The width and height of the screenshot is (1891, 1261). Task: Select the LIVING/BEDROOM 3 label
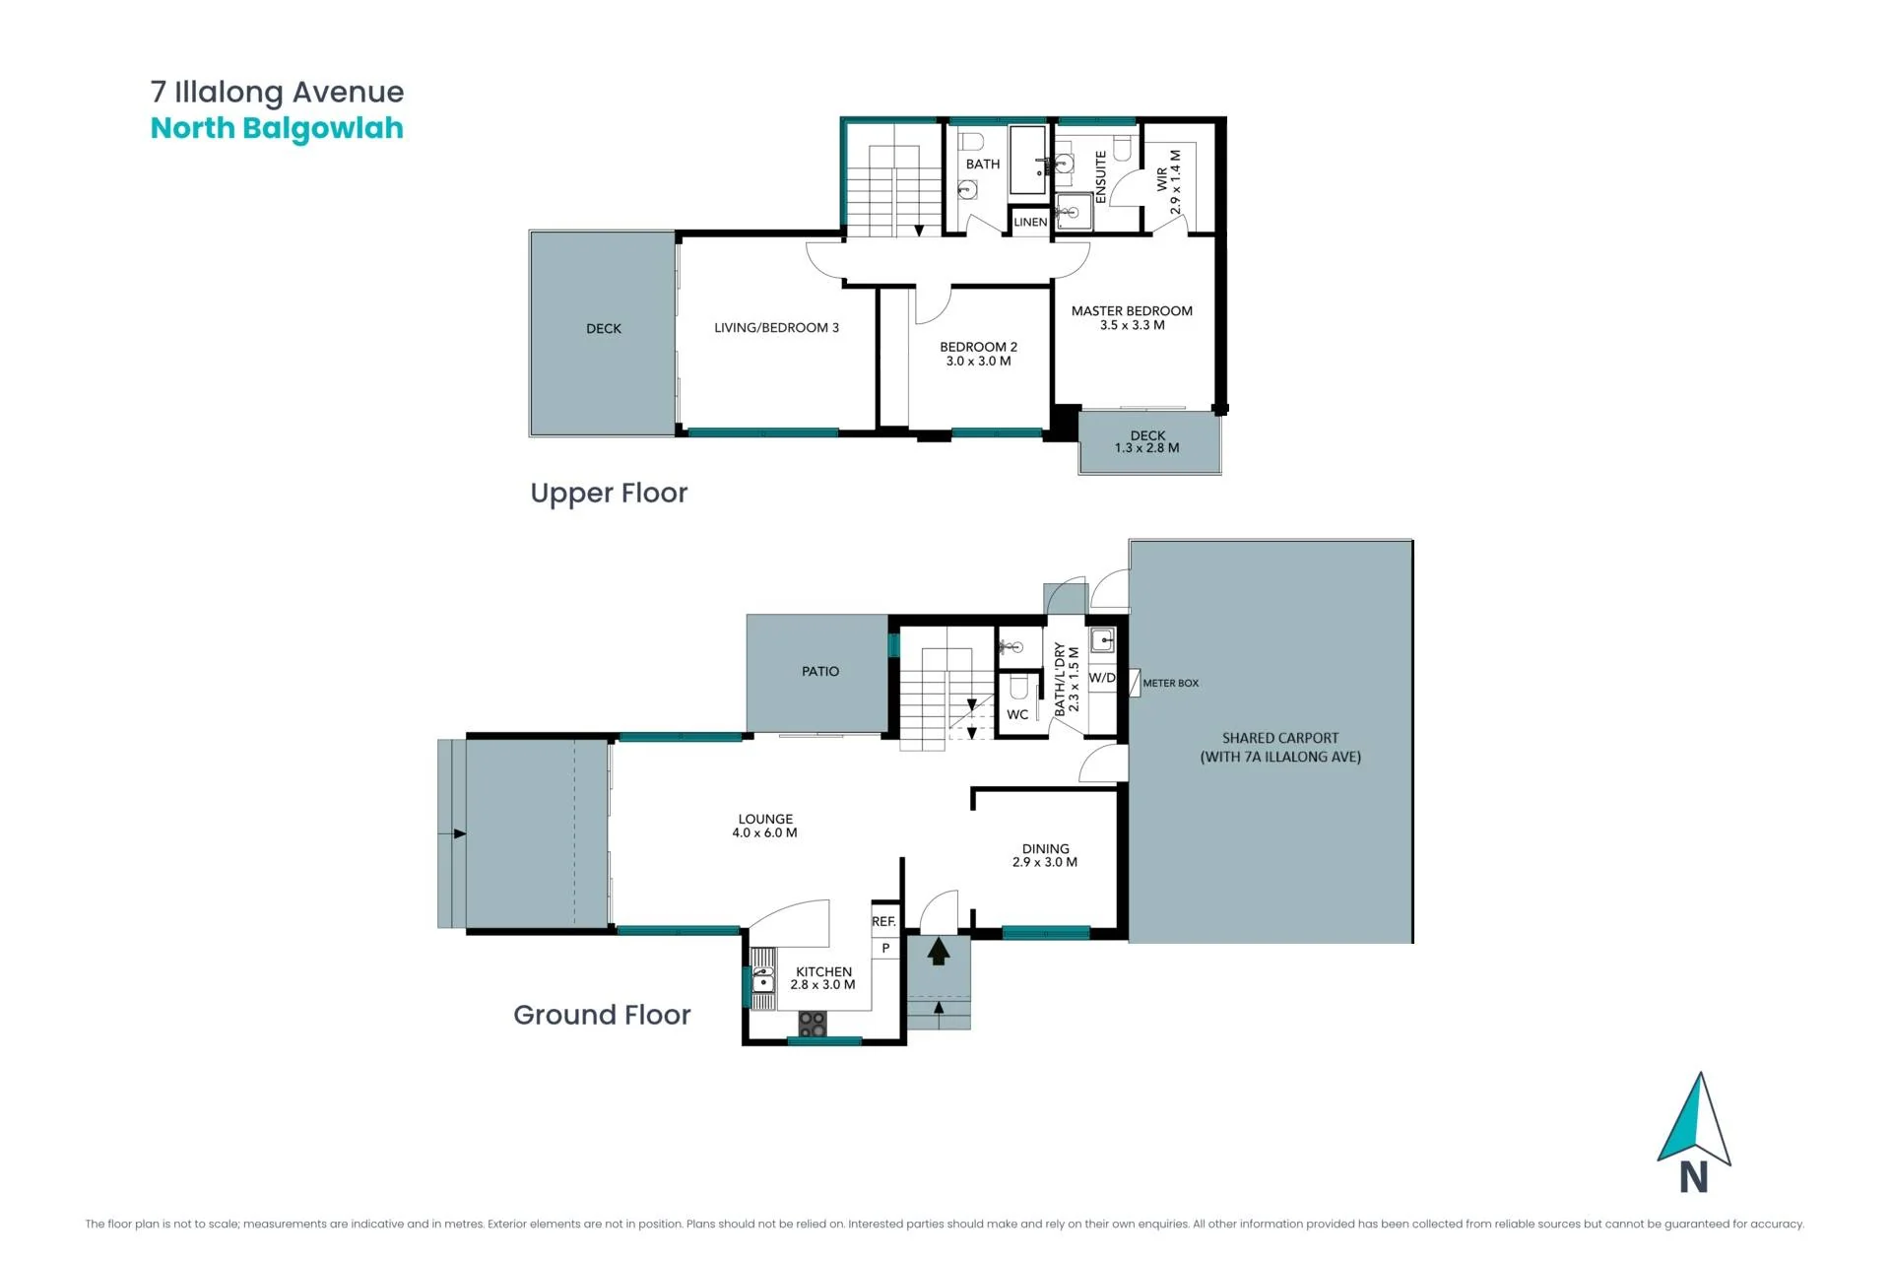point(776,328)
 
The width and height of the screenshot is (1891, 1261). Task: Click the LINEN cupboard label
point(1030,223)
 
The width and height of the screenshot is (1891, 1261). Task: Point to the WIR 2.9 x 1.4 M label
point(1168,182)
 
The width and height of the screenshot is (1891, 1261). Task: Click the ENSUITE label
point(1100,177)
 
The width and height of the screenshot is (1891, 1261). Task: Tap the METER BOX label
point(1171,683)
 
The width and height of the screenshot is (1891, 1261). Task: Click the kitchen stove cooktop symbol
point(813,1024)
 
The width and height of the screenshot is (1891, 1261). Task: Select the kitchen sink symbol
point(763,979)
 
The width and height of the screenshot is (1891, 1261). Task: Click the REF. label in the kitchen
point(883,922)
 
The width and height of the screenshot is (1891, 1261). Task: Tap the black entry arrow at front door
point(939,951)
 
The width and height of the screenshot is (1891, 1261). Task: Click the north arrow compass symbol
point(1695,1133)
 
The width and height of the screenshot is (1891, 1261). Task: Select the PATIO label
point(820,672)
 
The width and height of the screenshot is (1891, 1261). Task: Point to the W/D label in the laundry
point(1102,678)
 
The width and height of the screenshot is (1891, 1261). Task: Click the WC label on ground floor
point(1017,715)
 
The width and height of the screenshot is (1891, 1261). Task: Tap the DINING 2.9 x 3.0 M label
point(1045,855)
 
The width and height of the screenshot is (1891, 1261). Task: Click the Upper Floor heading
point(609,493)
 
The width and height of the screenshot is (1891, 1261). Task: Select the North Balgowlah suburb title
point(277,129)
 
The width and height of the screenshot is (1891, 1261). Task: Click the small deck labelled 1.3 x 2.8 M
point(1148,442)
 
